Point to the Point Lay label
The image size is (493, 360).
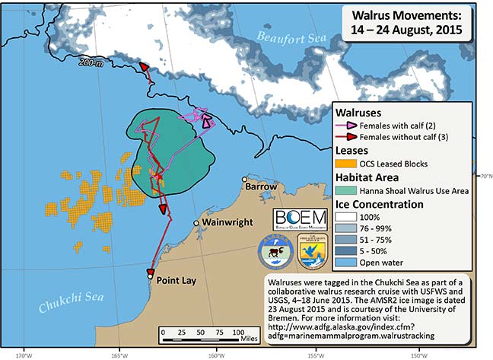(x=177, y=280)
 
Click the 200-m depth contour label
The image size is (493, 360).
(x=90, y=65)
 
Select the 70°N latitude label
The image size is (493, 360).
(x=484, y=176)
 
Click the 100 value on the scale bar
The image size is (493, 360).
(x=238, y=333)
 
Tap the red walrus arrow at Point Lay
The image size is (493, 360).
(x=151, y=273)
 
